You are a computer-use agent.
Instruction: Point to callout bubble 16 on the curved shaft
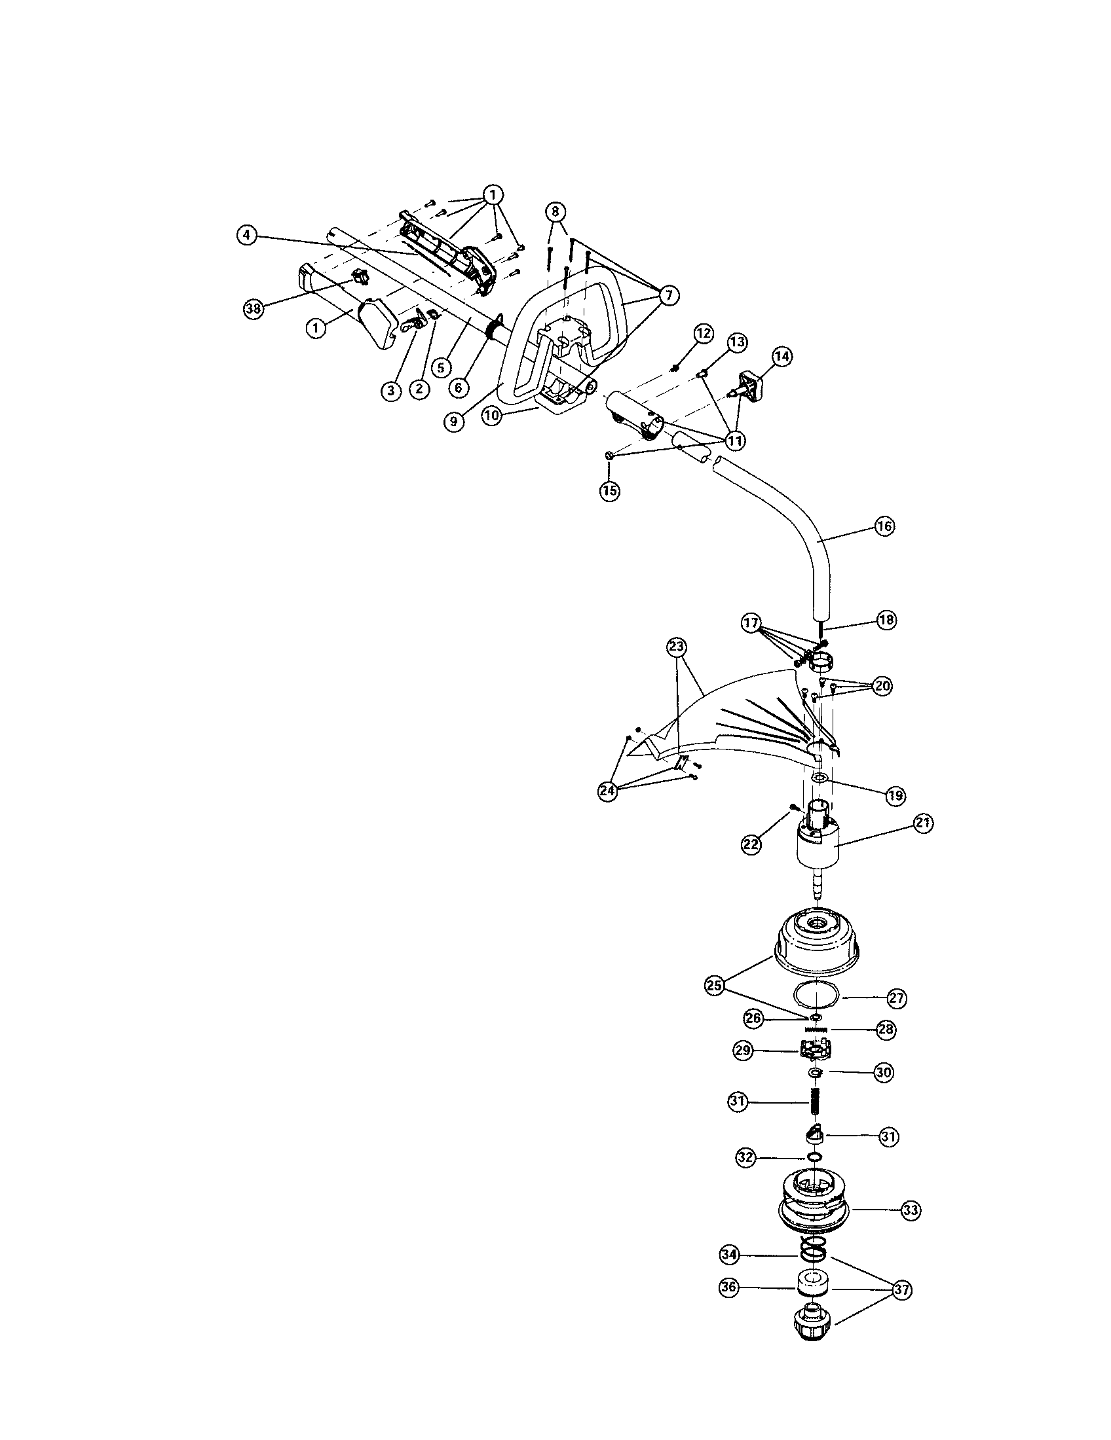pos(885,526)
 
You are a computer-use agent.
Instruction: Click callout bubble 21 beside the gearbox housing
pos(922,823)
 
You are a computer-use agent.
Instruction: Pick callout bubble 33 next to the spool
pos(911,1210)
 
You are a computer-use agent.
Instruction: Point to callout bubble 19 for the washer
pos(895,796)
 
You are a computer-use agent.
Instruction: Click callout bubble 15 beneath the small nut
pos(610,490)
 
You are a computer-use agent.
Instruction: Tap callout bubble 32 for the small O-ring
pos(746,1157)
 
